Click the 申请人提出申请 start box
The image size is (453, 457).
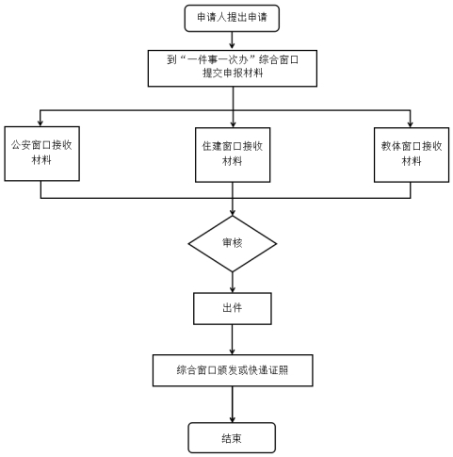[232, 18]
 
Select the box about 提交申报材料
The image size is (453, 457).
[233, 68]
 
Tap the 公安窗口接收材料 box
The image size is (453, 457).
[41, 154]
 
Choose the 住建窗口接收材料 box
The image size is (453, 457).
[233, 155]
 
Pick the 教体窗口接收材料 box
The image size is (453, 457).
[412, 155]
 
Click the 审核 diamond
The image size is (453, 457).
[233, 244]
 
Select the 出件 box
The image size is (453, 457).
[233, 308]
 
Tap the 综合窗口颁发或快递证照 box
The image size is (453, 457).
[233, 370]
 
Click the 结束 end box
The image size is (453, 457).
[232, 437]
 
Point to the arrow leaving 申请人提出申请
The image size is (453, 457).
[232, 41]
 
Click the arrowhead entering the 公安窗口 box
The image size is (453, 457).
[40, 123]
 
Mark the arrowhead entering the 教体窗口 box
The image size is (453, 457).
[410, 124]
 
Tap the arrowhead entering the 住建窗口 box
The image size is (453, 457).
[233, 124]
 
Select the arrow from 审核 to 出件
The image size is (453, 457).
[233, 283]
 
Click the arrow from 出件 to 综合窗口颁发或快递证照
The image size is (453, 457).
[233, 339]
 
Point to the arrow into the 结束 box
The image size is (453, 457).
[233, 404]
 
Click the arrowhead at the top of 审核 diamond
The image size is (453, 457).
[233, 213]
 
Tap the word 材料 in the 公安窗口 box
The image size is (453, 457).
[41, 160]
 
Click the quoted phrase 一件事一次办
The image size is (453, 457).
[217, 59]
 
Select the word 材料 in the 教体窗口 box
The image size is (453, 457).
[412, 161]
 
